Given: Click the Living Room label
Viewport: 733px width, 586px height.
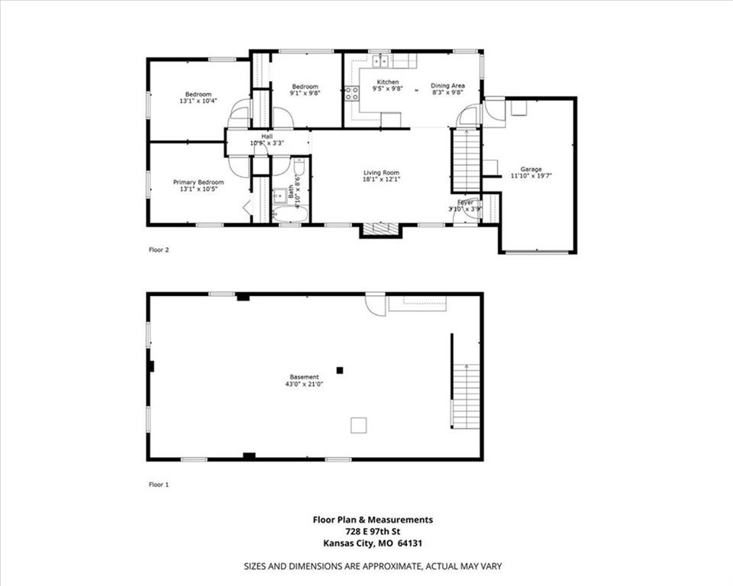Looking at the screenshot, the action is (382, 172).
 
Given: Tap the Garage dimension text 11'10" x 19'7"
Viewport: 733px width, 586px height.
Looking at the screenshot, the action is (531, 175).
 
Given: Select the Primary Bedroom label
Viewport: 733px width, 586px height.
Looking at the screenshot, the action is (199, 182).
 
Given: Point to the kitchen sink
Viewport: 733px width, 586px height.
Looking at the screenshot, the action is (381, 61).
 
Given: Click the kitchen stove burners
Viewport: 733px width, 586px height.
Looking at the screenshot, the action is (351, 93).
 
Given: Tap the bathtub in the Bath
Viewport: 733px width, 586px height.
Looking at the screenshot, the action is (290, 214).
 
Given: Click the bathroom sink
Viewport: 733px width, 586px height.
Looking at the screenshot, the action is (280, 195).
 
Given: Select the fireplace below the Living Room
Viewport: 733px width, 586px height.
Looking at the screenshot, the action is (380, 230).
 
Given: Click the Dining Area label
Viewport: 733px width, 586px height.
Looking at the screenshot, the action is (447, 85).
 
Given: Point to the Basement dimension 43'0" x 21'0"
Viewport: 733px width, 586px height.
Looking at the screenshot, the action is (305, 384).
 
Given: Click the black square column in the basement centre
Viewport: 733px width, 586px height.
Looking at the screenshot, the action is (340, 370).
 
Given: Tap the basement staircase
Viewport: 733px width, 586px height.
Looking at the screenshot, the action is (466, 396).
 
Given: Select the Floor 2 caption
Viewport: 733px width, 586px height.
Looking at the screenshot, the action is (159, 250).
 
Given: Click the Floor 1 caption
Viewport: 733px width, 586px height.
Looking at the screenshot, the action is (159, 485).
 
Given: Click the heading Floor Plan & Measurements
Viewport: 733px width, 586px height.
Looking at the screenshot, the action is (373, 520).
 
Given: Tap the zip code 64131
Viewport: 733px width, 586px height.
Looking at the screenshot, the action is (410, 543).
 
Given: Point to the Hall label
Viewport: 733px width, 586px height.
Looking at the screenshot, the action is (267, 137).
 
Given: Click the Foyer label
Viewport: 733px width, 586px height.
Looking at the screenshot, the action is (465, 202).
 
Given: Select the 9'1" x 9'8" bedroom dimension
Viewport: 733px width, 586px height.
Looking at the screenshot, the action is (305, 92).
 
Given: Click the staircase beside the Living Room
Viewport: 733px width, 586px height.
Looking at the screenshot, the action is (467, 159).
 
